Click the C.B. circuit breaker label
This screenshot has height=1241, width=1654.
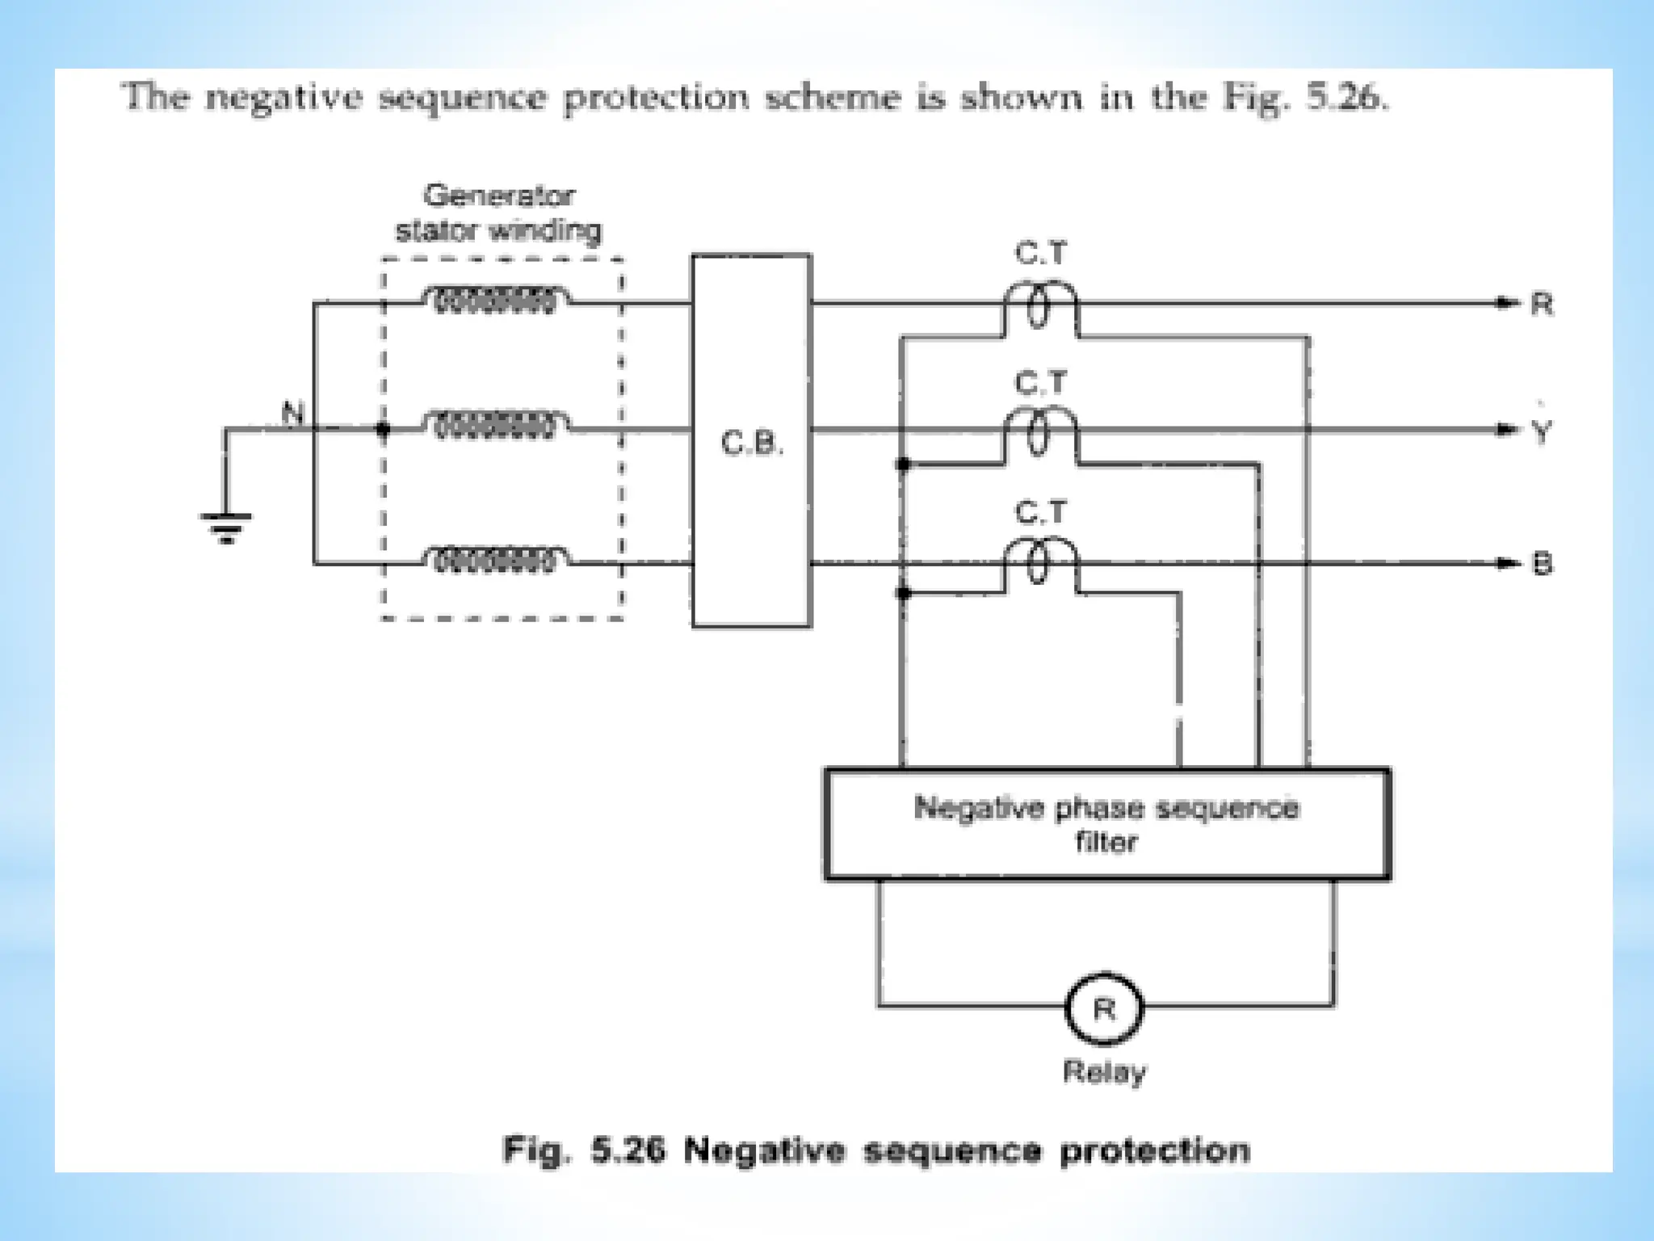[751, 444]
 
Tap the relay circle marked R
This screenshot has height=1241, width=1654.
[1104, 1010]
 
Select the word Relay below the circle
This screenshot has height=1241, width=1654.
[1104, 1073]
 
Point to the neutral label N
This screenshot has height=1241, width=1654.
[292, 414]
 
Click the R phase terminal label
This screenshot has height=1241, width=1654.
[1542, 305]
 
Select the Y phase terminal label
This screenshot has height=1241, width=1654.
[1542, 432]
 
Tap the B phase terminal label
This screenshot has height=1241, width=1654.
[1542, 564]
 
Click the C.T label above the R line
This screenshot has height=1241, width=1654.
[1040, 254]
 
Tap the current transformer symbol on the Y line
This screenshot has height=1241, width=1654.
[1040, 436]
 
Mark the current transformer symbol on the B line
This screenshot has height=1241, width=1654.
[1040, 566]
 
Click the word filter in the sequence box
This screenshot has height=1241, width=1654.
[1106, 843]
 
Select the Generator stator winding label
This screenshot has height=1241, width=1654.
[498, 213]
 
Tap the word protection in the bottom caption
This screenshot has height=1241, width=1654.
[1155, 1150]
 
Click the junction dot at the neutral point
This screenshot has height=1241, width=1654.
[384, 430]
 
